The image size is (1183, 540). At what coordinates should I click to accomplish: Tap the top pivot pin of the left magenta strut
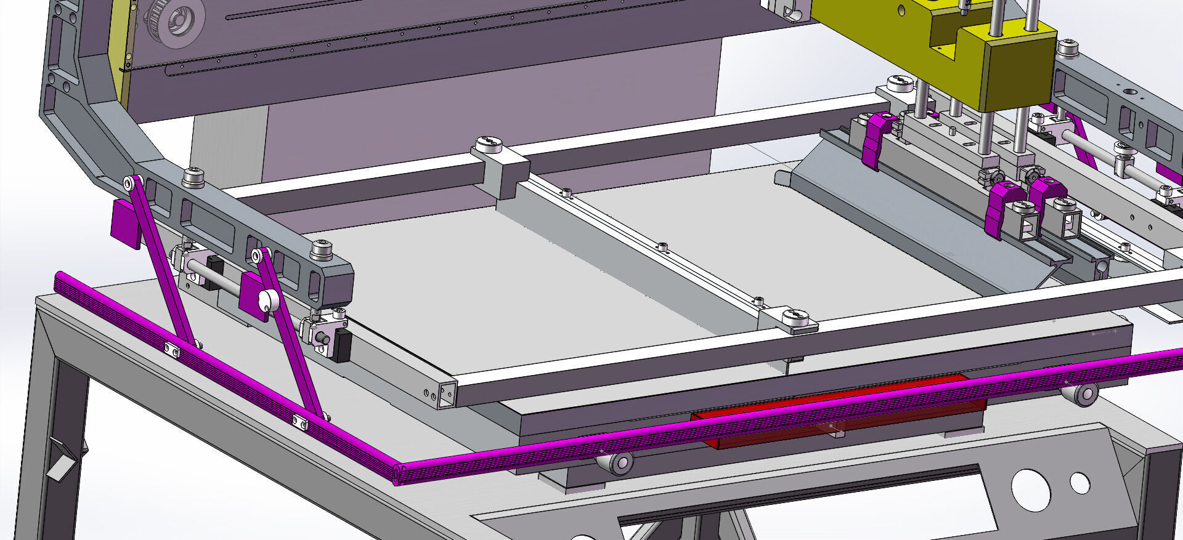(x=130, y=183)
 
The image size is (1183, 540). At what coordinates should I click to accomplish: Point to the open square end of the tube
(x=448, y=394)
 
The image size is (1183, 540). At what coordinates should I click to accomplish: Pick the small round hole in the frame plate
(x=1079, y=482)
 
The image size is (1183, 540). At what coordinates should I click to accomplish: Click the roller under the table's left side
(x=616, y=462)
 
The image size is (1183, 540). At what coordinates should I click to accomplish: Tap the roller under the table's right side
(x=1079, y=393)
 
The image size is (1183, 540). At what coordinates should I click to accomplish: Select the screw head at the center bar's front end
(x=797, y=318)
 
